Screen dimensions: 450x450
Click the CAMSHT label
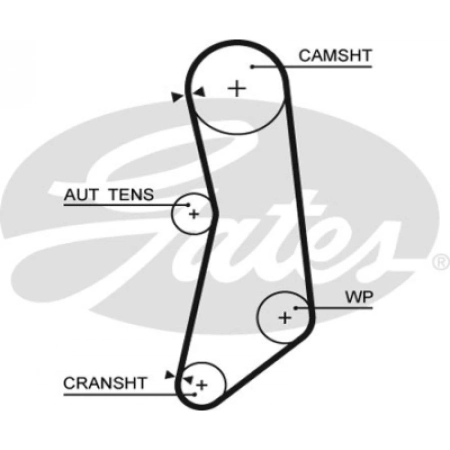(x=335, y=55)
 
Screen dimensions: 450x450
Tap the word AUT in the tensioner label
(x=81, y=194)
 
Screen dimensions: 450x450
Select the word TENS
(x=131, y=194)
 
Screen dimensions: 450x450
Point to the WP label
(x=359, y=297)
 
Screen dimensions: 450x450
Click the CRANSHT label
(x=105, y=383)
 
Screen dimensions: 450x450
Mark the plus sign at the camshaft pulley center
(x=237, y=88)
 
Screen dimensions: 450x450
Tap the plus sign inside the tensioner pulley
(x=194, y=214)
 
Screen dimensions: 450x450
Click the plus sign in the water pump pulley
(x=285, y=317)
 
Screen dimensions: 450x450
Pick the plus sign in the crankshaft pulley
(x=202, y=385)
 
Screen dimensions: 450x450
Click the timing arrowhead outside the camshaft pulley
(x=176, y=96)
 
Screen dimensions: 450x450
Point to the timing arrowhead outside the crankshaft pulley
(x=170, y=374)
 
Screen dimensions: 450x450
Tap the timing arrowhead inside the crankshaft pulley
(x=189, y=379)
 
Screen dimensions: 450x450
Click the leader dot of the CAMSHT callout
(x=252, y=67)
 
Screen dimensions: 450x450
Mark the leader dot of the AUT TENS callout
(x=188, y=205)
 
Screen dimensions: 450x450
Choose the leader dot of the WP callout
(x=295, y=308)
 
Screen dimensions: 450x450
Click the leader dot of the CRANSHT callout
(x=195, y=394)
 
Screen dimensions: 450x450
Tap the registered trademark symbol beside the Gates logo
(x=441, y=261)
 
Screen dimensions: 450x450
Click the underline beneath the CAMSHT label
(x=312, y=67)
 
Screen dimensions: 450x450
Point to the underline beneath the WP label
(x=334, y=308)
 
